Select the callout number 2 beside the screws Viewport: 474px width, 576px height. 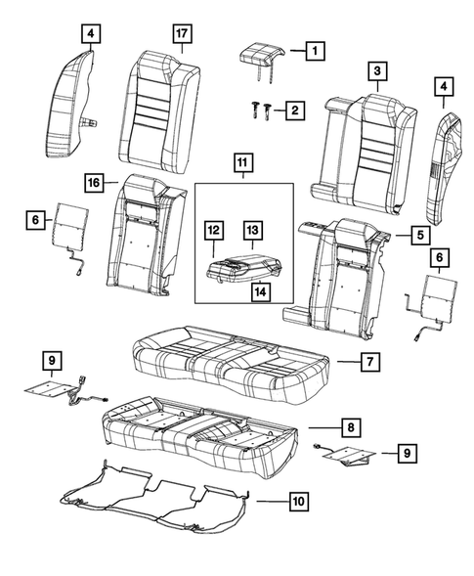292,112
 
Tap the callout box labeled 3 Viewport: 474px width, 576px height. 375,70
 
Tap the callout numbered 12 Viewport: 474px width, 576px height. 214,231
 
